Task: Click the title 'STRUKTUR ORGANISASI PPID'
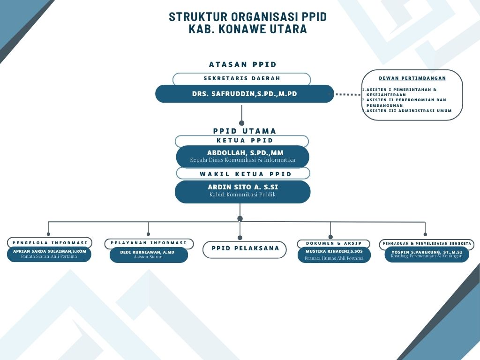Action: click(x=247, y=17)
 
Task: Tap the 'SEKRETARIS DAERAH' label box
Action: click(x=241, y=79)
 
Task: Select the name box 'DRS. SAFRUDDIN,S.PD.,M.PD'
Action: click(x=244, y=94)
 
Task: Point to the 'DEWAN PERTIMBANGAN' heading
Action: click(x=412, y=78)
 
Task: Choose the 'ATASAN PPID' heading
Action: click(x=243, y=65)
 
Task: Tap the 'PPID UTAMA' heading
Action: click(x=245, y=131)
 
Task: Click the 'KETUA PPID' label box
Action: click(x=242, y=141)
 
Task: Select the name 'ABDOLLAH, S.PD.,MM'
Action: click(x=245, y=153)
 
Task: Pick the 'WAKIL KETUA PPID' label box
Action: click(x=243, y=173)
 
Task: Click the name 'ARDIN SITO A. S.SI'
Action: click(x=243, y=187)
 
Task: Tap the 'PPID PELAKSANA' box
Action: click(x=245, y=249)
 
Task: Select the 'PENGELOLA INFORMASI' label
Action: click(x=50, y=243)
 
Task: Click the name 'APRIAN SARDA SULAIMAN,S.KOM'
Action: click(x=49, y=251)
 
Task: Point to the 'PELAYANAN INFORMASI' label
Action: click(x=149, y=243)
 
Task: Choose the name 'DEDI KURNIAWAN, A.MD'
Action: click(x=147, y=252)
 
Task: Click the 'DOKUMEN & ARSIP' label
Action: click(x=334, y=244)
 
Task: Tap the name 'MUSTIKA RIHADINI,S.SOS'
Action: click(x=334, y=251)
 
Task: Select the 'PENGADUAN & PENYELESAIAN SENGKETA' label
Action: click(x=427, y=244)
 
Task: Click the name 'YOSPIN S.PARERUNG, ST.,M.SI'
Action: click(x=427, y=252)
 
